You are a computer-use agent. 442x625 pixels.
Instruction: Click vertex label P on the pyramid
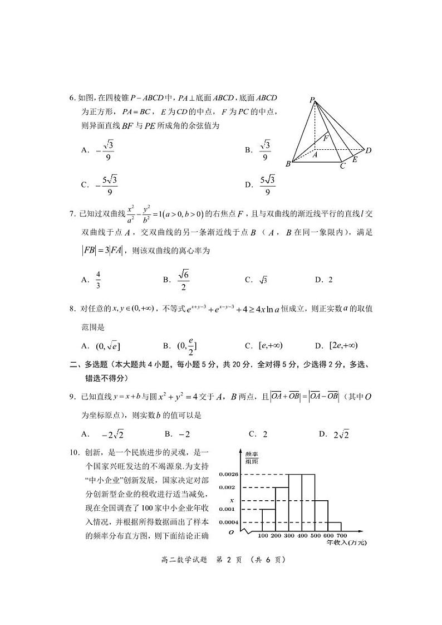[313, 100]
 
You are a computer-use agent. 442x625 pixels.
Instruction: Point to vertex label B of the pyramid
[288, 164]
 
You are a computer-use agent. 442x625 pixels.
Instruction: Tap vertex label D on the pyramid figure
[369, 150]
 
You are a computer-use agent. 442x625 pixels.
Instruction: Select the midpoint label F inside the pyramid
[326, 138]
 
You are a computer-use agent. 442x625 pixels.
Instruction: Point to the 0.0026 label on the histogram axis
[228, 474]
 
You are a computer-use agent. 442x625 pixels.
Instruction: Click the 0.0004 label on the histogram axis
[228, 523]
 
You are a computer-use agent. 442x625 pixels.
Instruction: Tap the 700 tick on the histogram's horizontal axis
[342, 536]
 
